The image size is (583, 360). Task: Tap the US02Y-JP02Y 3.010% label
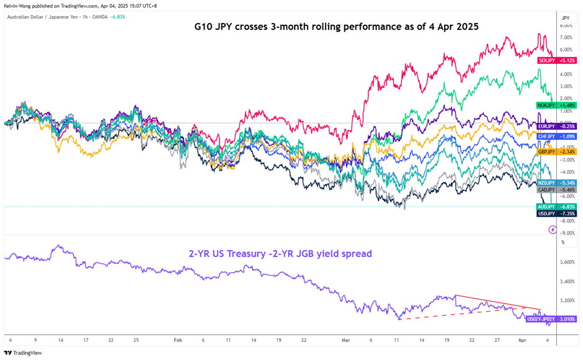(551, 318)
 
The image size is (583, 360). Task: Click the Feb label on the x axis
(178, 340)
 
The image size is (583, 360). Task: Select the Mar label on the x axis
(345, 340)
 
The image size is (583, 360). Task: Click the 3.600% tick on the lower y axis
(567, 263)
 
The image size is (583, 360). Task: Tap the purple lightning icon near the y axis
(553, 230)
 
